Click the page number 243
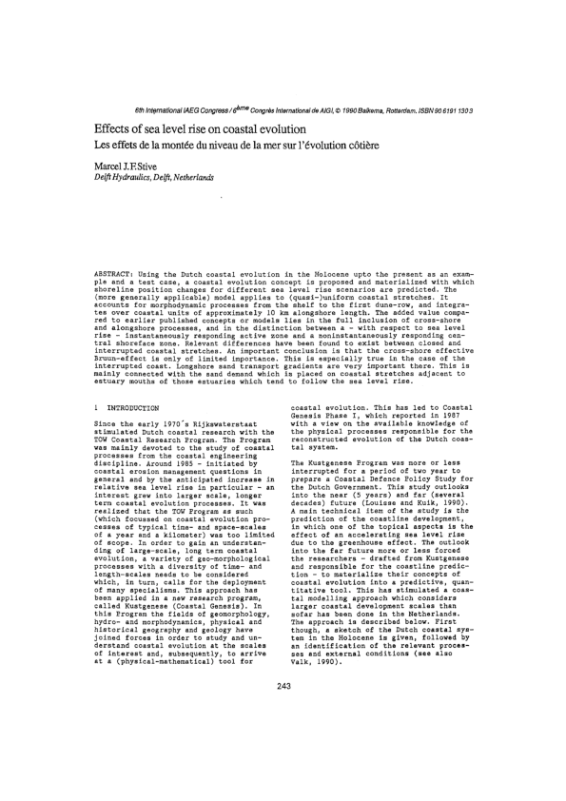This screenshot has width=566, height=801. [x=283, y=635]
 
